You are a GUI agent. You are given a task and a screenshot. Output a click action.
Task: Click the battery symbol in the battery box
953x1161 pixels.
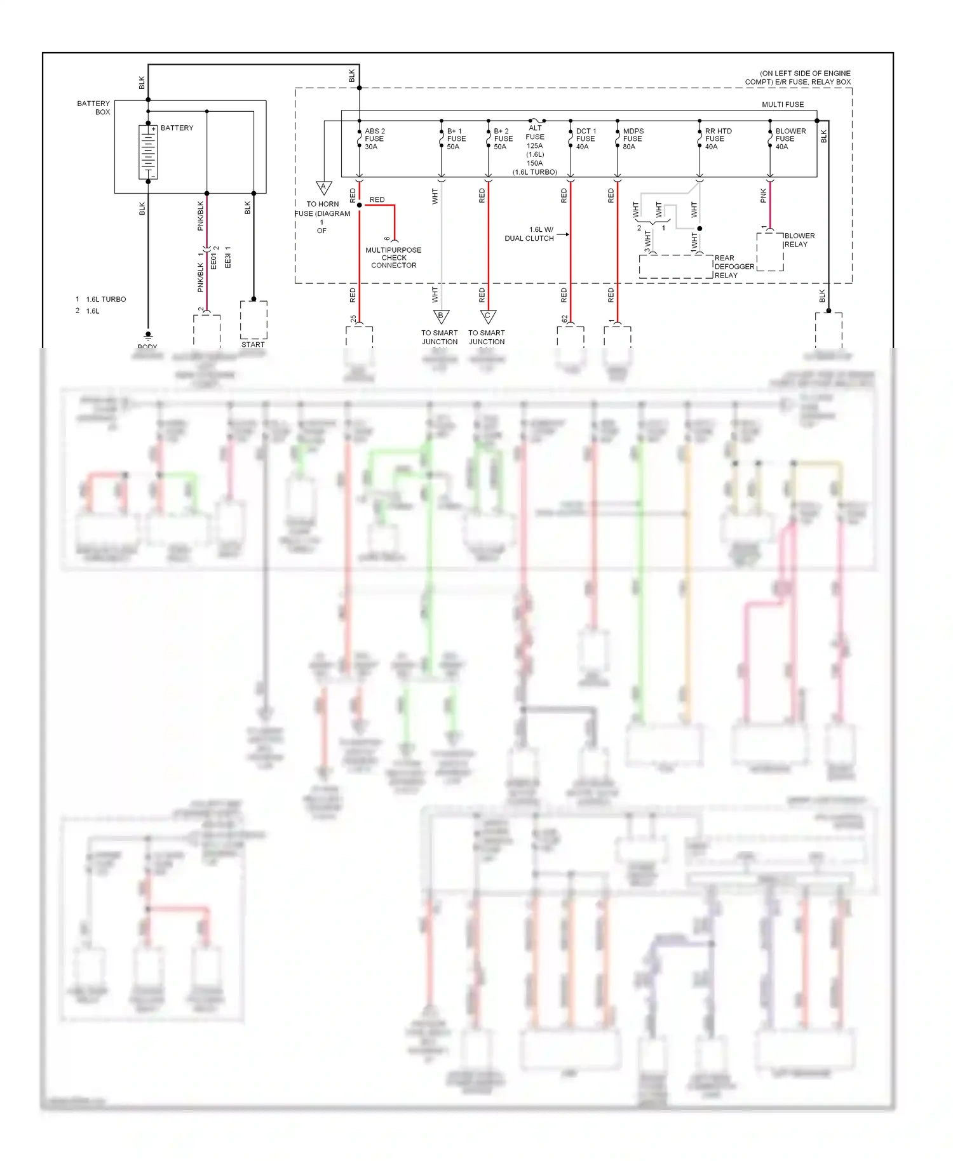coord(148,152)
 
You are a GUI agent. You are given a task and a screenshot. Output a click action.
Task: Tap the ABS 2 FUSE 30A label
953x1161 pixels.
coord(374,138)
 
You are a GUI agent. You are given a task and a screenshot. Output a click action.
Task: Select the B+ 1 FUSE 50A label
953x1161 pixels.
coord(456,138)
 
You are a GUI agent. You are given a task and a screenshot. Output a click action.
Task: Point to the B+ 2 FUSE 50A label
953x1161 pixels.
coord(503,138)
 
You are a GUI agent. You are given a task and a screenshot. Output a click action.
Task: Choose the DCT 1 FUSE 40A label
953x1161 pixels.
coord(585,138)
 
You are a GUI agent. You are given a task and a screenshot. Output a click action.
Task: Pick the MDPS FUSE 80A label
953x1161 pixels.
coord(632,138)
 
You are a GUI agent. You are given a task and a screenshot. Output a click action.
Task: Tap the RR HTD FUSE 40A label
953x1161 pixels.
coord(717,138)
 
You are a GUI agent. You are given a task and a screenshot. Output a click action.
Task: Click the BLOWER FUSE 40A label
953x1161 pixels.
coord(790,138)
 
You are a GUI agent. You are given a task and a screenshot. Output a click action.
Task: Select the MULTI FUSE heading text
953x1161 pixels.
coord(783,104)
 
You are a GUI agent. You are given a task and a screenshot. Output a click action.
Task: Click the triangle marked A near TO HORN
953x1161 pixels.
coord(323,187)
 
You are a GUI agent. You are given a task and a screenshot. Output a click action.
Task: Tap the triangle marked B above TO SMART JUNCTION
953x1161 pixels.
coord(441,316)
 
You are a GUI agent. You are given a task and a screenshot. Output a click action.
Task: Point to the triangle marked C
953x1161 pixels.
coord(488,316)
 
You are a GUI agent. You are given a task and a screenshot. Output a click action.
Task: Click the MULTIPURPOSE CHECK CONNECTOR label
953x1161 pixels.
coord(393,257)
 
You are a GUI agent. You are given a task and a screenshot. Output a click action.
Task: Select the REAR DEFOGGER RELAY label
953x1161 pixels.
coord(734,267)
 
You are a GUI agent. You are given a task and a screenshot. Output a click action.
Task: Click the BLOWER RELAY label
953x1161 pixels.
coord(799,240)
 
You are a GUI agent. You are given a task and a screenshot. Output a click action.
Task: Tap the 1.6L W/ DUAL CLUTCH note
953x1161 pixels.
coord(530,234)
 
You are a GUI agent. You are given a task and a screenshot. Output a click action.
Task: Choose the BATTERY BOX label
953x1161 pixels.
coord(94,107)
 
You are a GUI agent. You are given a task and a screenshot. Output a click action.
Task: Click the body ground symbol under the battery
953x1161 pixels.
coord(148,335)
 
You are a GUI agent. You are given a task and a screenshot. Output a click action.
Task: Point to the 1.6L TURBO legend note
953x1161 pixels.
coord(105,299)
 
